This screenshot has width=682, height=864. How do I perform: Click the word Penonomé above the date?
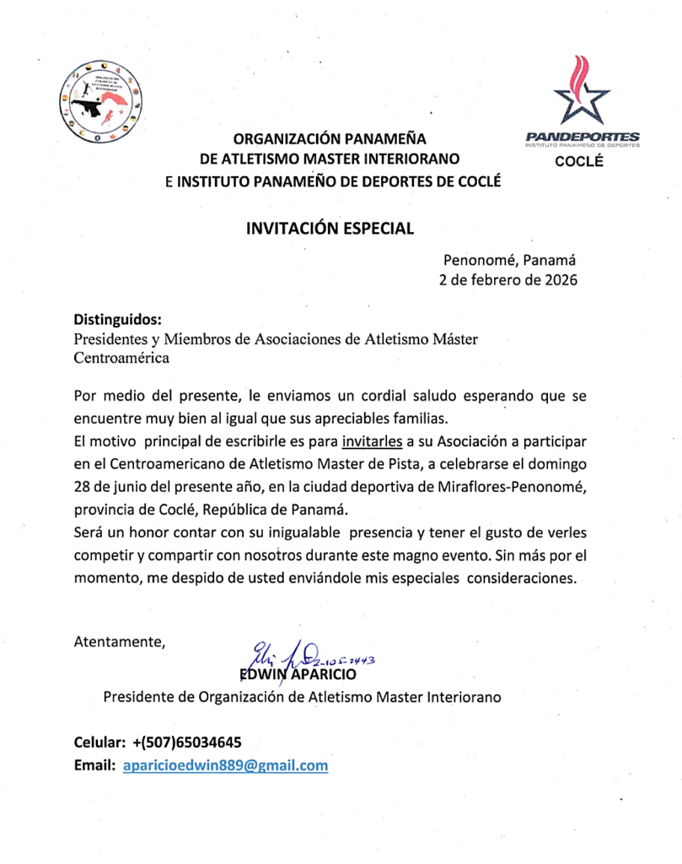pos(477,262)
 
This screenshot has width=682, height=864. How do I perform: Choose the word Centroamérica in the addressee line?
pos(121,358)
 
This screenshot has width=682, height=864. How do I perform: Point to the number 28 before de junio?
pos(83,488)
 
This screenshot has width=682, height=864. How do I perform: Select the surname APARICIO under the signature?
pos(325,675)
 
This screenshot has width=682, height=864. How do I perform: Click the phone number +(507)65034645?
pos(187,742)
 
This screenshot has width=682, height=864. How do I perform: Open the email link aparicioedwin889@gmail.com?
pos(225,766)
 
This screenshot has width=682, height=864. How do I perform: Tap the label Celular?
pos(99,742)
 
